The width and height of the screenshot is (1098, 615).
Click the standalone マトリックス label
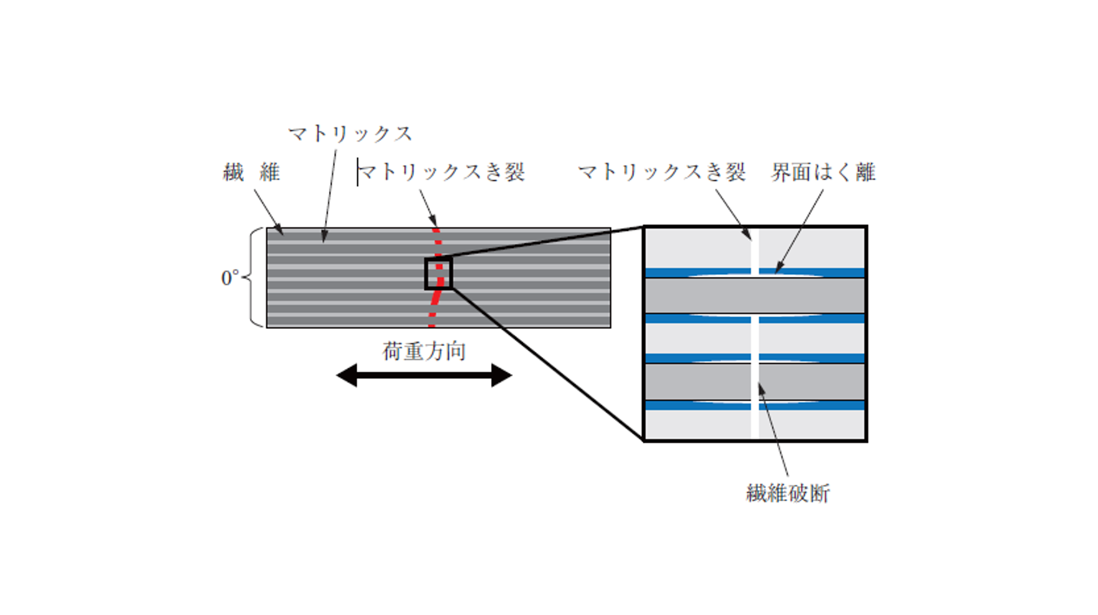[350, 134]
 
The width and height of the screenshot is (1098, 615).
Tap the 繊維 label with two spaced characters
[251, 173]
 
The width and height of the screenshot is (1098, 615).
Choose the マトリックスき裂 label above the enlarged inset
[661, 172]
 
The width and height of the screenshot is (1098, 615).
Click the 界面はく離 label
[823, 172]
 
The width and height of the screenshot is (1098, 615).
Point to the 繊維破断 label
[788, 493]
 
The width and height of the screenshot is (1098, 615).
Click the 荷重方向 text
[424, 351]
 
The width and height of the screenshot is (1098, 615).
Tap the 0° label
[230, 278]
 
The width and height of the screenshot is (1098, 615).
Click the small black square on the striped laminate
[438, 274]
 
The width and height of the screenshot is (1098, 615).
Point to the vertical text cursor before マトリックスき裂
[357, 172]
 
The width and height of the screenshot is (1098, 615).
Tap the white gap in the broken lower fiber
[755, 382]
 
